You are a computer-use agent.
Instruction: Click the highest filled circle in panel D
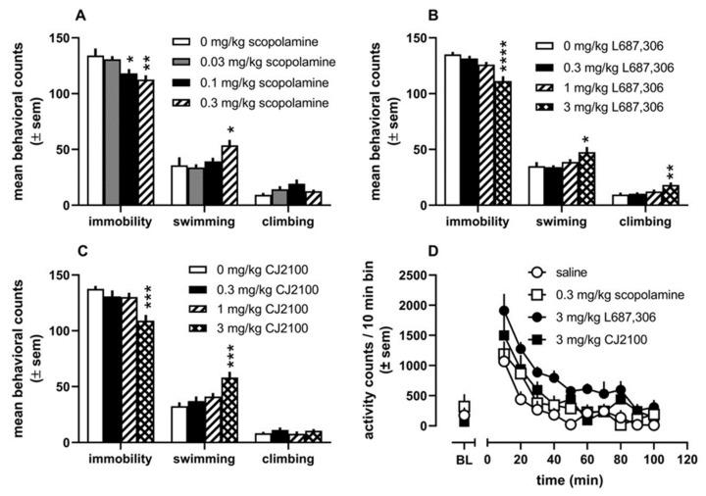505,311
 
